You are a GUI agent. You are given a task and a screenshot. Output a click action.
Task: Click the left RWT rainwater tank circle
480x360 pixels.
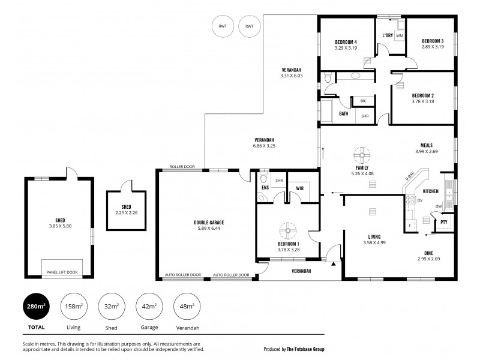[x=223, y=26]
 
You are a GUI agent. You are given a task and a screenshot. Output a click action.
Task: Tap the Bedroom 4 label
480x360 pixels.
[x=346, y=41]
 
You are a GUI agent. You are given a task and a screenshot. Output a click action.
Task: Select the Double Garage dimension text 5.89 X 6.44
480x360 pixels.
[x=209, y=229]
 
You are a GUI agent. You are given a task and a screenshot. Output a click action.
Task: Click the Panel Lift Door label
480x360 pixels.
[x=62, y=272]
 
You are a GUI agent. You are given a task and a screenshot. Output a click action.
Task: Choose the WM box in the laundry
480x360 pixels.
[x=399, y=36]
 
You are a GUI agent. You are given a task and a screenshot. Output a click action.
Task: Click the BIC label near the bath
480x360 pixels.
[x=364, y=101]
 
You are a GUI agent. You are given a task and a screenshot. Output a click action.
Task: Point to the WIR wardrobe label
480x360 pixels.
[x=299, y=188]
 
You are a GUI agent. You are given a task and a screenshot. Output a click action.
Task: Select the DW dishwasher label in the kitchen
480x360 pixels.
[x=439, y=206]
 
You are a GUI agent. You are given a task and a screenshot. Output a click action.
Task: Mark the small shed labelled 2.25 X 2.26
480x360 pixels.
[x=126, y=212]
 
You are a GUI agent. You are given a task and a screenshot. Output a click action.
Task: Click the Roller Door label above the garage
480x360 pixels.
[x=182, y=167]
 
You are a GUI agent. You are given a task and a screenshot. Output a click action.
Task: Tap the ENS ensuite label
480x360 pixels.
[x=265, y=188]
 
